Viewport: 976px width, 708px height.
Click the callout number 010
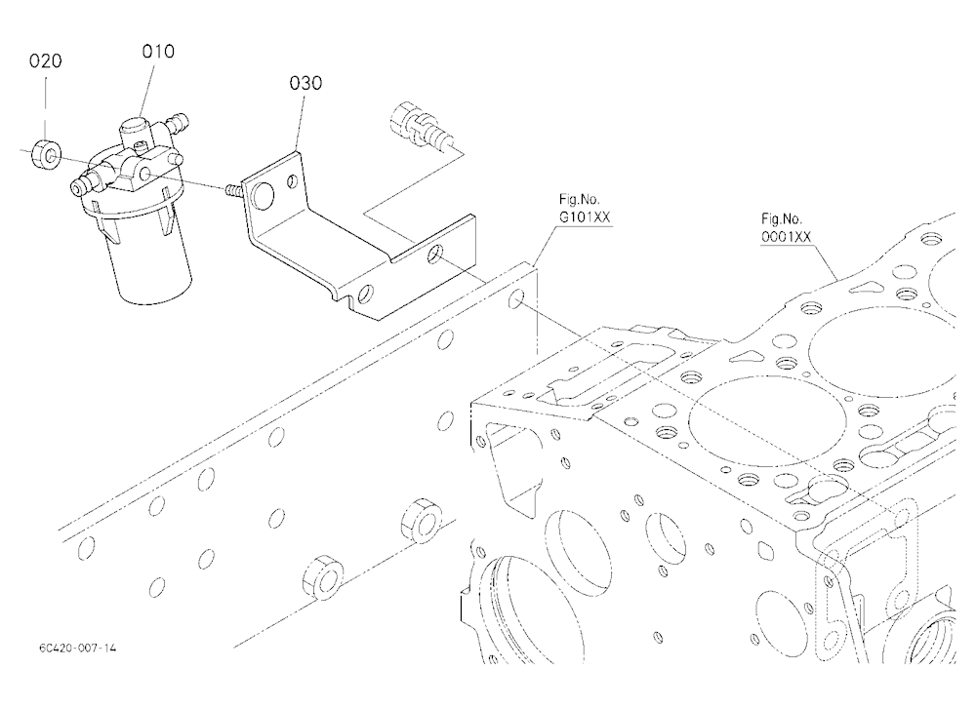click(158, 51)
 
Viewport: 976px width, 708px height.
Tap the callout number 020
click(46, 61)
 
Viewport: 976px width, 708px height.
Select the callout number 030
click(305, 83)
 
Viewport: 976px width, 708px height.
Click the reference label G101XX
click(585, 217)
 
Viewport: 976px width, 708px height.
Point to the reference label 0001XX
click(786, 237)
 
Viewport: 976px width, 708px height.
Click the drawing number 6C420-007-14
click(78, 648)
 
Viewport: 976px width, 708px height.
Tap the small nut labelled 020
click(46, 154)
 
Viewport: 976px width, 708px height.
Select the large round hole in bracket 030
click(261, 196)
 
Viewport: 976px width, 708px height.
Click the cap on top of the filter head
click(133, 133)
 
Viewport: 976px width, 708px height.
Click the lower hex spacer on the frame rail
click(322, 577)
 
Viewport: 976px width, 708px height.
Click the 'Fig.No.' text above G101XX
click(579, 200)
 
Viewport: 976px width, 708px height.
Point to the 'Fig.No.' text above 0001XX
click(782, 219)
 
